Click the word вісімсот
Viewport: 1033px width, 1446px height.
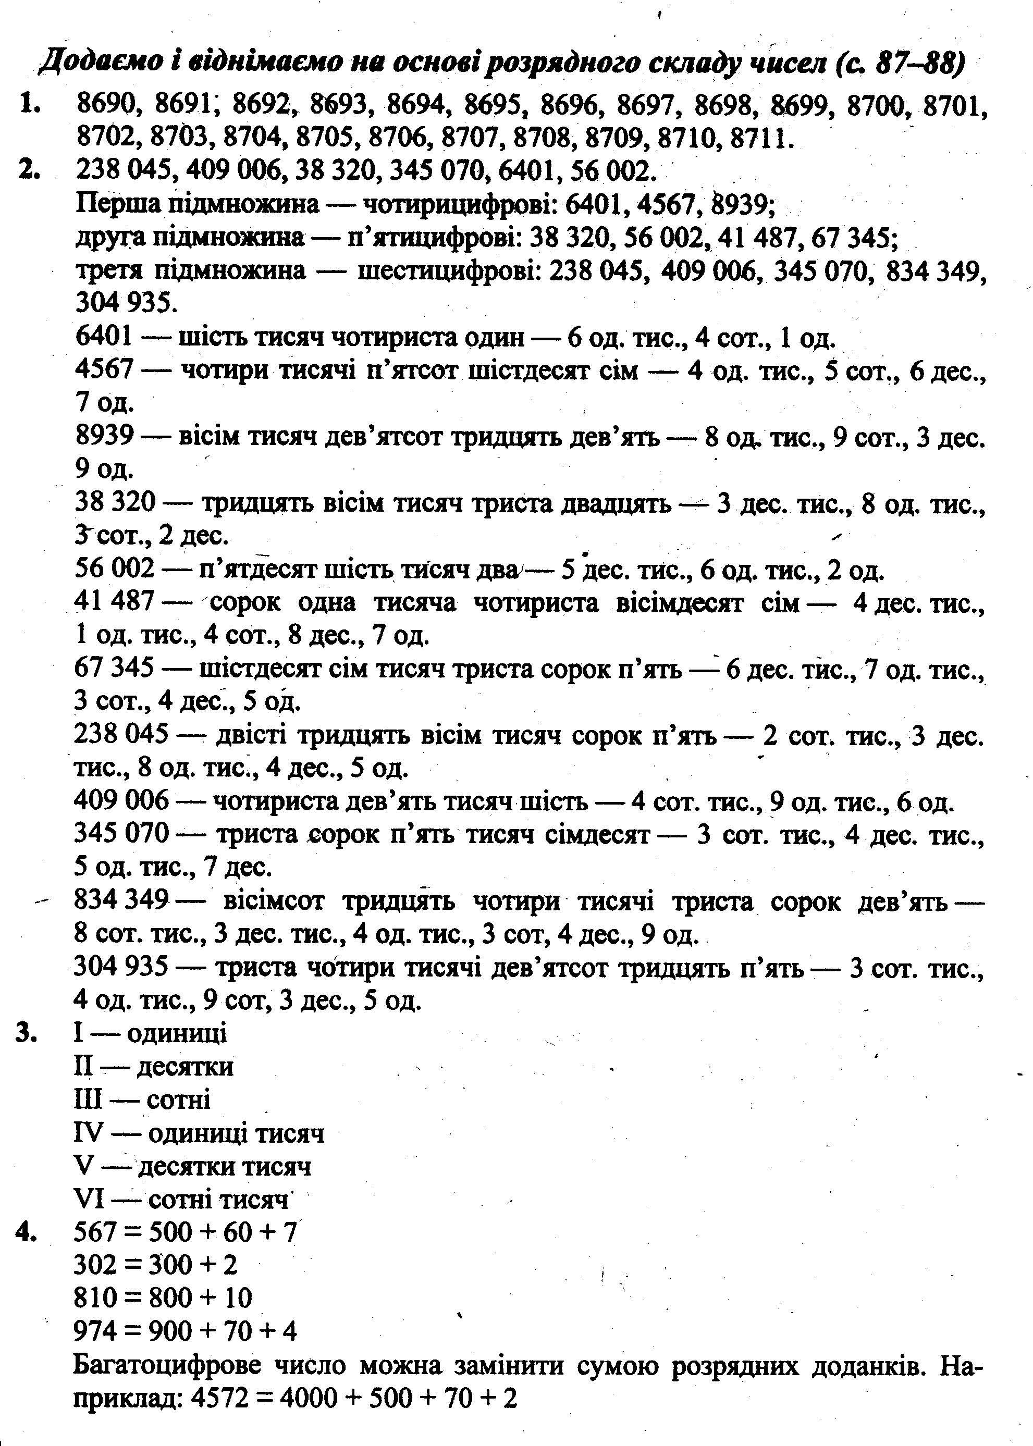pyautogui.click(x=274, y=901)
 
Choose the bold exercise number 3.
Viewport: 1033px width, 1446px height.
pyautogui.click(x=26, y=1033)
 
